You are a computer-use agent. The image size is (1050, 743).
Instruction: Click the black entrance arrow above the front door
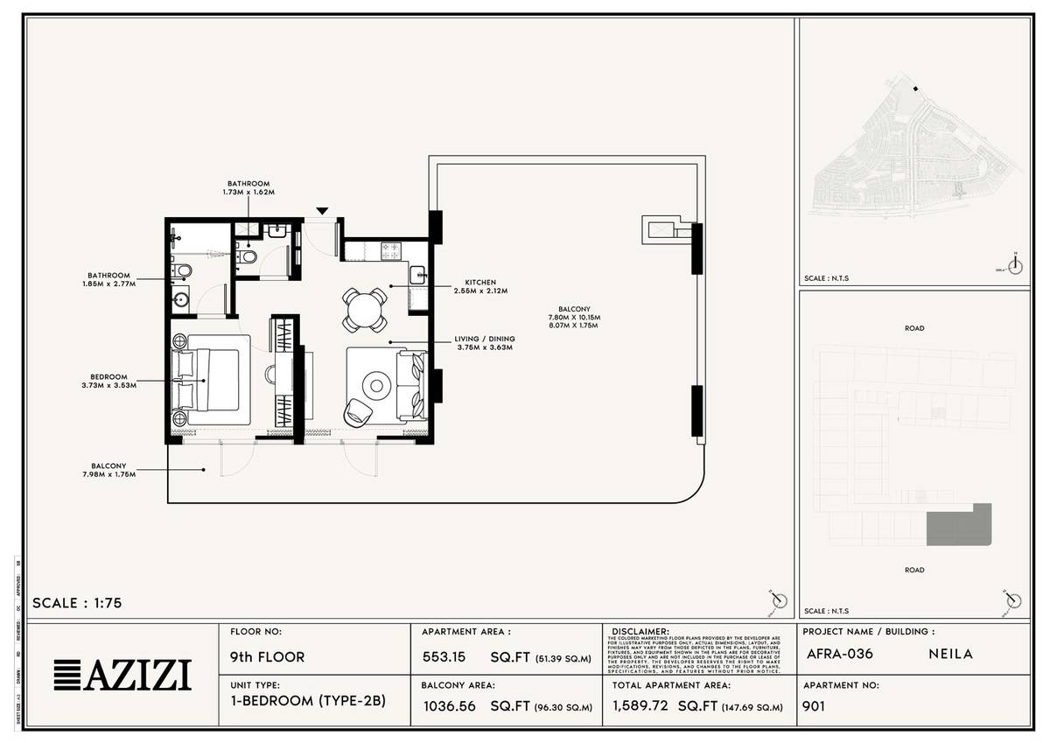tap(323, 211)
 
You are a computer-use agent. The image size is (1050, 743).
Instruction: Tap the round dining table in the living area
tap(362, 308)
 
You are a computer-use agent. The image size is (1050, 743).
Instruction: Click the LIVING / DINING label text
tap(484, 343)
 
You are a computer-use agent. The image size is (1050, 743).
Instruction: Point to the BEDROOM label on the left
tap(108, 381)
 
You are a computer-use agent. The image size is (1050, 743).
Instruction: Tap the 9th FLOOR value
tap(267, 656)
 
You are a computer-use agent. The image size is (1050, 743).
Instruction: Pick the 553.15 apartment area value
tap(444, 657)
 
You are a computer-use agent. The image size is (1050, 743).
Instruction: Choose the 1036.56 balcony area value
tap(449, 706)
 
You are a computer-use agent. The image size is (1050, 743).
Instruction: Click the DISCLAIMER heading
tap(640, 630)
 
